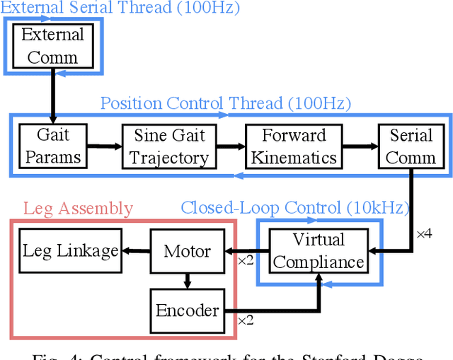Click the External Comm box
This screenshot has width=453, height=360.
53,45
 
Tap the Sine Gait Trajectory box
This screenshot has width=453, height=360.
169,146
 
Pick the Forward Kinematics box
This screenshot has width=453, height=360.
294,146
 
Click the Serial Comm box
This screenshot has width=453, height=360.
411,146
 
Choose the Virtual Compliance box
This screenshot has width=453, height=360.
319,250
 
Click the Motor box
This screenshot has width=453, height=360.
187,251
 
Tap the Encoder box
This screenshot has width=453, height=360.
187,310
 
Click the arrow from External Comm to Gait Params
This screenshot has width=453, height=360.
53,95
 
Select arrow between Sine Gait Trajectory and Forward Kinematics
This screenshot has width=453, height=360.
227,146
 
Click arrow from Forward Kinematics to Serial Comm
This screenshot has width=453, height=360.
358,146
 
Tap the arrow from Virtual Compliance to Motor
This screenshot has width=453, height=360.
244,251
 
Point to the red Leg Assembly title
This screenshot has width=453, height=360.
78,208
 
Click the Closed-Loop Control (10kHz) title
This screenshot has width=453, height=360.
294,207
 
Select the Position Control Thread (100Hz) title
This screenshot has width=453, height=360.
225,103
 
